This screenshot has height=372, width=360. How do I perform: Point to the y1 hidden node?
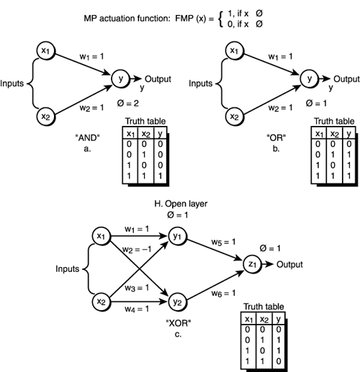click(x=177, y=235)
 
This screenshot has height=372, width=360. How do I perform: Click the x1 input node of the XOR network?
click(x=102, y=235)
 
